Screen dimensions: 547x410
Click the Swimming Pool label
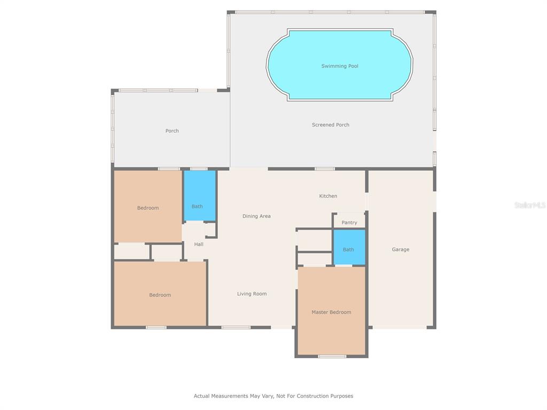tap(339, 66)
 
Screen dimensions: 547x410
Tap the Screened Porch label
tap(330, 124)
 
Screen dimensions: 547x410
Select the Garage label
tap(401, 249)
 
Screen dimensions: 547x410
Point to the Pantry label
tap(349, 223)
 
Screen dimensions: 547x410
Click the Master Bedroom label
tap(331, 312)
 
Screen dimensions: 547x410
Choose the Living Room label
tap(252, 294)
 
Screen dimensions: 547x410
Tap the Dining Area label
tap(256, 216)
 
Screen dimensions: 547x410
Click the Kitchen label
tap(328, 196)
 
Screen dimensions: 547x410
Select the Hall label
tap(199, 244)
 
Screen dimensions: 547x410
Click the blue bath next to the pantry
tap(349, 247)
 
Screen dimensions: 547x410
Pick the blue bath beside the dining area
tap(200, 195)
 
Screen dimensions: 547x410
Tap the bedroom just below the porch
tap(148, 206)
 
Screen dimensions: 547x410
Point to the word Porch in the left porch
tap(172, 131)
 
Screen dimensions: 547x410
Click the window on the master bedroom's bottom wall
tap(332, 356)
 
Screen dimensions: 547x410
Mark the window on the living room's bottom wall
tap(236, 327)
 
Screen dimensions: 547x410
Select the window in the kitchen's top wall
tap(324, 169)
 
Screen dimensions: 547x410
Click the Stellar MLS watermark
tap(530, 205)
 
